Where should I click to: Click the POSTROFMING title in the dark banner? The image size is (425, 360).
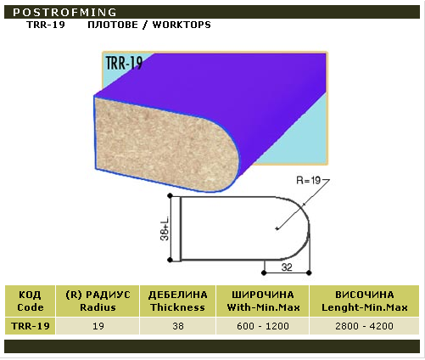[x=64, y=13]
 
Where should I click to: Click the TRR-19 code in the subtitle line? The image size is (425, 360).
[x=46, y=25]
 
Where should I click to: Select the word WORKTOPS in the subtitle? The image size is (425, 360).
[x=182, y=25]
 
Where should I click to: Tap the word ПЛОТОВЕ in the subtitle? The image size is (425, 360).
[x=113, y=25]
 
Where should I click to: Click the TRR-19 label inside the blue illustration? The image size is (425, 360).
[x=124, y=63]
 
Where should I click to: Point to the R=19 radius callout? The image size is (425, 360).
[x=308, y=180]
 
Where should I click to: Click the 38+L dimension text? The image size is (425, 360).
[x=165, y=228]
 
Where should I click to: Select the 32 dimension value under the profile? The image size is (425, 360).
[x=287, y=267]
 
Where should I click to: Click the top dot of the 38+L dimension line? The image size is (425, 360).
[x=170, y=195]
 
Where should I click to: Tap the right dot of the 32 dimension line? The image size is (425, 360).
[x=309, y=273]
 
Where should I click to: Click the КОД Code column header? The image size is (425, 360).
[x=31, y=301]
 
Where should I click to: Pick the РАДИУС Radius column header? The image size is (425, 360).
[x=98, y=301]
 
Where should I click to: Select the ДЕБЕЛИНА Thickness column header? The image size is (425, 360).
[x=178, y=301]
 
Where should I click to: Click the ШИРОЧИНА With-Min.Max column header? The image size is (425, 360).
[x=263, y=301]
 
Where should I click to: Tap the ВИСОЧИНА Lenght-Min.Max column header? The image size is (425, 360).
[x=365, y=301]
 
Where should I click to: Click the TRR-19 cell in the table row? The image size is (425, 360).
[x=31, y=326]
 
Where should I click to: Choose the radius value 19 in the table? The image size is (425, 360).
[x=98, y=326]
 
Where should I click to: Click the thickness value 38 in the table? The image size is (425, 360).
[x=178, y=326]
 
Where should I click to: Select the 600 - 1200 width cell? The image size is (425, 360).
[x=263, y=326]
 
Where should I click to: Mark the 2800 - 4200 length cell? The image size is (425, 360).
[x=364, y=326]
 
